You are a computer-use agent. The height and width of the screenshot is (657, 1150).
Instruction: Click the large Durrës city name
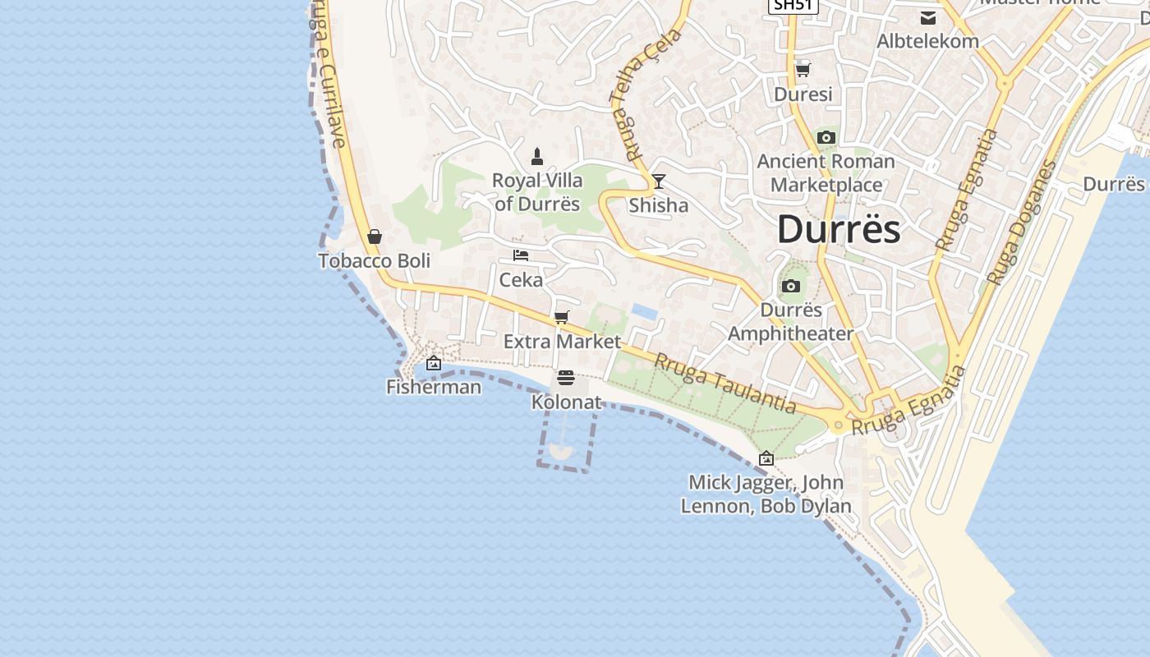point(838,229)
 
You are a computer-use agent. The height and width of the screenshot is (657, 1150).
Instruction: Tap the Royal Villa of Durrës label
point(537,192)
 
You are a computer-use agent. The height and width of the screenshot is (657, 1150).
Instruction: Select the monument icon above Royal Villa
point(537,156)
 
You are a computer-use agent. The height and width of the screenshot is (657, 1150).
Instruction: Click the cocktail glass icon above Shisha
point(658,181)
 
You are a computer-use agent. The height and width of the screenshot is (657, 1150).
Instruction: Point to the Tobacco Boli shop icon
point(375,237)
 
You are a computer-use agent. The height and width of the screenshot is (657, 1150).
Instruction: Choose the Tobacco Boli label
point(374,260)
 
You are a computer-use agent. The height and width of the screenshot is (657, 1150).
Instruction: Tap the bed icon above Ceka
point(521,255)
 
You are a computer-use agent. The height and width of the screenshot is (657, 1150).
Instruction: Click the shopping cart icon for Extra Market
point(562,317)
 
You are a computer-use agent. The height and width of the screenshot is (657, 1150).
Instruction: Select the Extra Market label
point(562,341)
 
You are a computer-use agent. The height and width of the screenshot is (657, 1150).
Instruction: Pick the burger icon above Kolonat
point(566,378)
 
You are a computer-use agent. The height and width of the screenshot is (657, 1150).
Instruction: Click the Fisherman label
point(434,386)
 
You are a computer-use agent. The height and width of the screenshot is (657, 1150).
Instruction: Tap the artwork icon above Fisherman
point(434,363)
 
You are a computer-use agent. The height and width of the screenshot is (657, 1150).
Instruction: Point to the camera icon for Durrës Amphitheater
point(790,286)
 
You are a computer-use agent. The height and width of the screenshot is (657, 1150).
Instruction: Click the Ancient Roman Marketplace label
point(826,172)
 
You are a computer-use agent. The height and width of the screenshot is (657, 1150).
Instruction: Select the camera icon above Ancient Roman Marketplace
point(826,137)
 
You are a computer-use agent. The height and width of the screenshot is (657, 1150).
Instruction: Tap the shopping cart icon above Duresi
point(803,70)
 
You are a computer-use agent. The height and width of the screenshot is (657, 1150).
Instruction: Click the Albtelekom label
point(927,41)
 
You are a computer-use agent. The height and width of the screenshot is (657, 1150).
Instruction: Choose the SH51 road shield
point(793,5)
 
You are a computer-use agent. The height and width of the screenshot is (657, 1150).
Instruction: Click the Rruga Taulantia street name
point(725,383)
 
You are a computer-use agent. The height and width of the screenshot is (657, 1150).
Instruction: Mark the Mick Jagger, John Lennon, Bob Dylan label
point(766,494)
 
